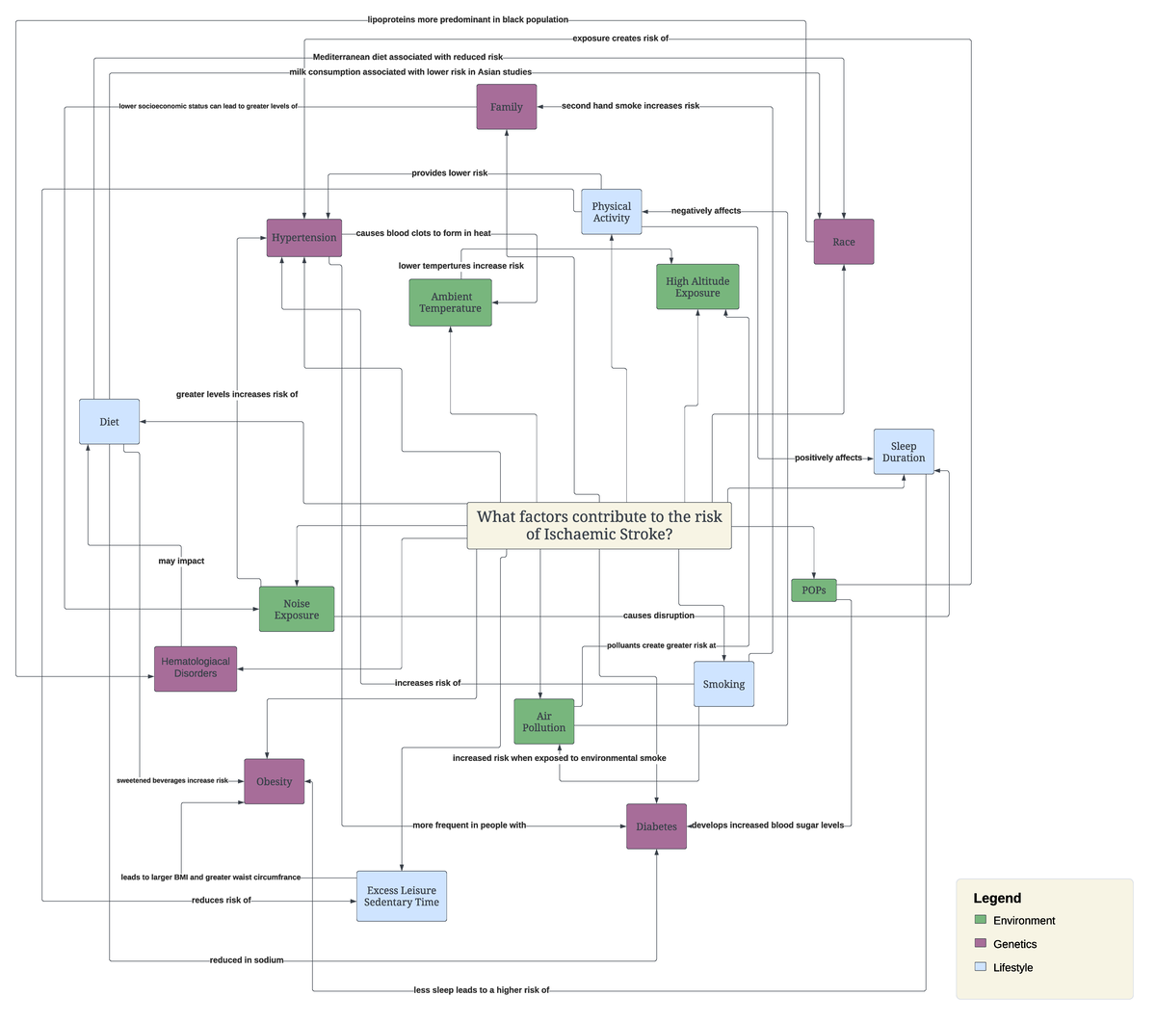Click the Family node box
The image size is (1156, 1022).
tap(506, 107)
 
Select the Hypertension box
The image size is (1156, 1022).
tap(303, 238)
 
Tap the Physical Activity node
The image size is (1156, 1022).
tap(611, 212)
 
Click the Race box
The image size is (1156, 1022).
tap(843, 242)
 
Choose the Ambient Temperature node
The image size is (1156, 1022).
tap(450, 302)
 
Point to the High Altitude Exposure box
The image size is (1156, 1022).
tap(697, 287)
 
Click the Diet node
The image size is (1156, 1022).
tap(109, 422)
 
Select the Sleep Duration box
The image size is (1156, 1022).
tap(903, 452)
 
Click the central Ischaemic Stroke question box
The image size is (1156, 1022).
tap(598, 526)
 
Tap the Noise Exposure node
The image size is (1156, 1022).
tap(297, 609)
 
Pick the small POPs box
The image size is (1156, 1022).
tap(813, 590)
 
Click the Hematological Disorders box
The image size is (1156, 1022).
tap(196, 668)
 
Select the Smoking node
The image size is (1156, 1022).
tap(723, 684)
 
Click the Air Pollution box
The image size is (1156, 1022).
tap(543, 721)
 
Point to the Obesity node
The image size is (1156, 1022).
tap(274, 781)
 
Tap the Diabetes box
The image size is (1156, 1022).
tap(656, 826)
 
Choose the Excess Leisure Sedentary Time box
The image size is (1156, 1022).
tap(402, 897)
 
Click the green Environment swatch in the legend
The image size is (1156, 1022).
tap(981, 921)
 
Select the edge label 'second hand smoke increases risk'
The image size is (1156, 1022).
tap(630, 106)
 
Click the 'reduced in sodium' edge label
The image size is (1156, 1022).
tap(247, 960)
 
